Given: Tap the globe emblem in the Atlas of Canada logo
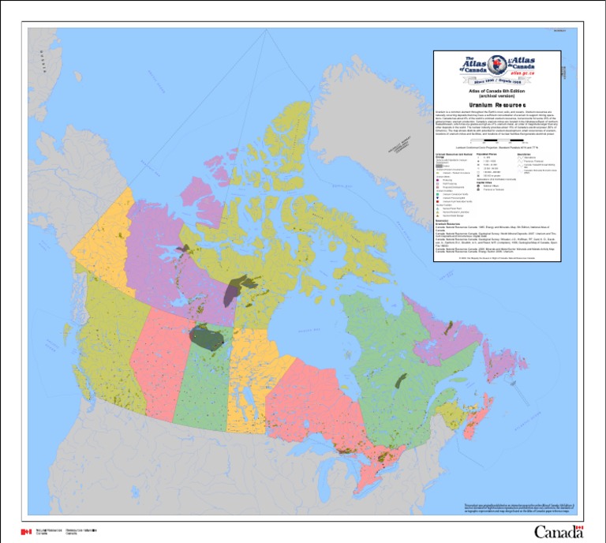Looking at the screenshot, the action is [496, 66].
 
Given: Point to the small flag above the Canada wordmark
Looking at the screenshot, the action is [578, 525].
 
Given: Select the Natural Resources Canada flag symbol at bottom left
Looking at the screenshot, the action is [25, 531].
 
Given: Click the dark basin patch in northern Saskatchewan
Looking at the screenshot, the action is [208, 338].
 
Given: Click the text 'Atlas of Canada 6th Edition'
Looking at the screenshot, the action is [496, 91].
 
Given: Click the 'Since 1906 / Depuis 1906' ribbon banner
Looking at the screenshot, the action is [496, 80].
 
